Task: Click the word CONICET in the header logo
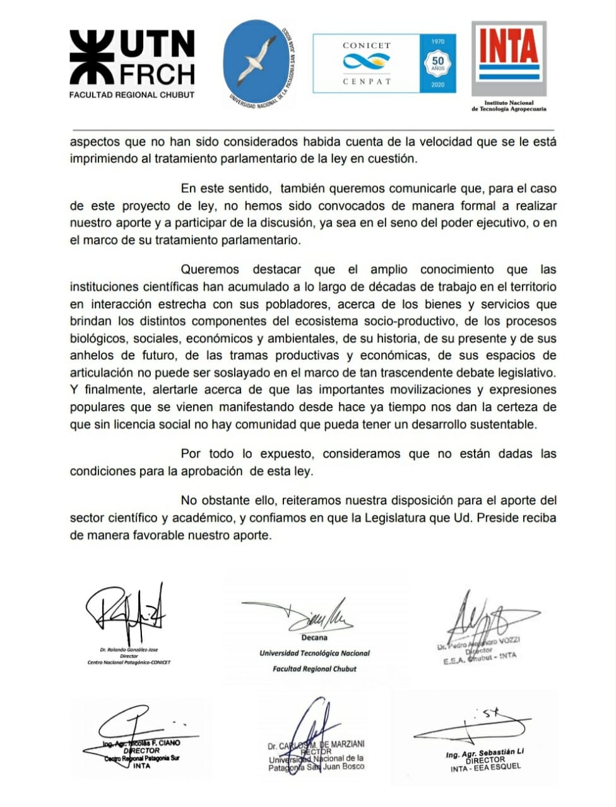pos(366,45)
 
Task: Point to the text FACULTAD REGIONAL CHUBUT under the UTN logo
pos(132,95)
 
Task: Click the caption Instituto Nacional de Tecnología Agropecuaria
pos(509,105)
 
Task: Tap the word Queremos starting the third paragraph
pos(210,269)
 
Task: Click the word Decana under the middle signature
pos(314,637)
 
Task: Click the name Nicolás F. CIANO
pos(154,743)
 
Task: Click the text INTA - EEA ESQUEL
pos(485,768)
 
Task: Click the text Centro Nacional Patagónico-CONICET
pos(129,662)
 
